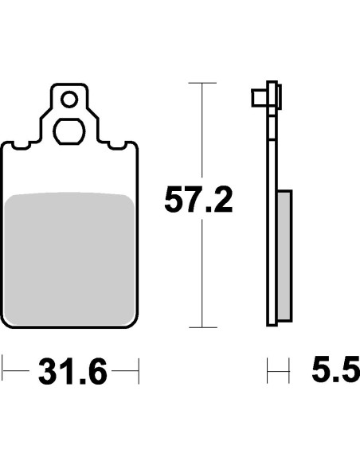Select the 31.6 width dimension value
coord(71,372)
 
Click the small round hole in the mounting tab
coord(70,100)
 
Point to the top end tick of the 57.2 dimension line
coord(204,83)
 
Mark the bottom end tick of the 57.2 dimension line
coord(204,327)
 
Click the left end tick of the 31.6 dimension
coord(3,371)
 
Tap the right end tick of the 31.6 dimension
coord(139,371)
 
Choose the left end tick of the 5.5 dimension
coord(268,371)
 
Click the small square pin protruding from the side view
coord(258,99)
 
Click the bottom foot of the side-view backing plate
coord(272,322)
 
